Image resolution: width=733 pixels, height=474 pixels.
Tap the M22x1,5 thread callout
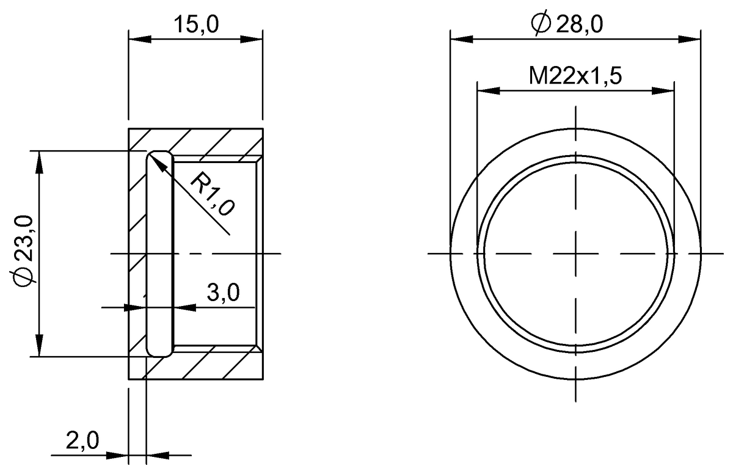point(575,76)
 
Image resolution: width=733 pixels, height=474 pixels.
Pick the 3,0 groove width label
point(222,294)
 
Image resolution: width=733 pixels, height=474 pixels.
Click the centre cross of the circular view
point(575,253)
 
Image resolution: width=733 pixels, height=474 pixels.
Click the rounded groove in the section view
point(159,253)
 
